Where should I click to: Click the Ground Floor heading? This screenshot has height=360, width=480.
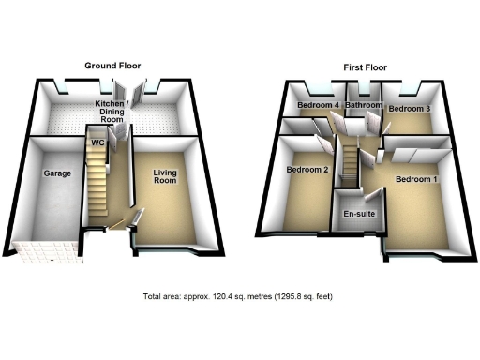click(113, 66)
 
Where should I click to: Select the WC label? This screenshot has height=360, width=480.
click(97, 142)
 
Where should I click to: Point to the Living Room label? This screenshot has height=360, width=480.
click(166, 176)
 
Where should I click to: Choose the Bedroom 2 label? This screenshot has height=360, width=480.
click(307, 170)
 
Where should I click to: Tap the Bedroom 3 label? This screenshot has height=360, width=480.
click(410, 109)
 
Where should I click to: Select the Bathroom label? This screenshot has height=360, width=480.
click(363, 106)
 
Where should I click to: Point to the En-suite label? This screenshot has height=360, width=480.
click(355, 214)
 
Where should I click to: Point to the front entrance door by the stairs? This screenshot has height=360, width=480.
click(120, 226)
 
